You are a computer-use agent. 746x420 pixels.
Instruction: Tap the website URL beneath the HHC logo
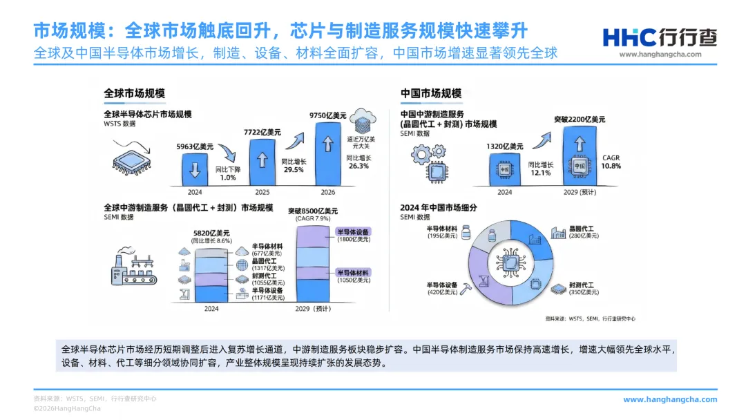coord(660,55)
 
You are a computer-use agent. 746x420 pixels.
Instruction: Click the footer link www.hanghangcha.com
coord(670,399)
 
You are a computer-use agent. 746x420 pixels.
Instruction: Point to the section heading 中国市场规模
coord(431,93)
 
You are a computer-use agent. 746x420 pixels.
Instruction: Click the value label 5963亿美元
coord(195,146)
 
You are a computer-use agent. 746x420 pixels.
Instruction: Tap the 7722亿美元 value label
coord(262,133)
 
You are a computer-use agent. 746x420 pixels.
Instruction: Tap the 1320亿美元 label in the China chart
coord(504,146)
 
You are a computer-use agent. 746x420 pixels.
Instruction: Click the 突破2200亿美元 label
coord(580,120)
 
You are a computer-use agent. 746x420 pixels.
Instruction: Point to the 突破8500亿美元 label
coord(313,210)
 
